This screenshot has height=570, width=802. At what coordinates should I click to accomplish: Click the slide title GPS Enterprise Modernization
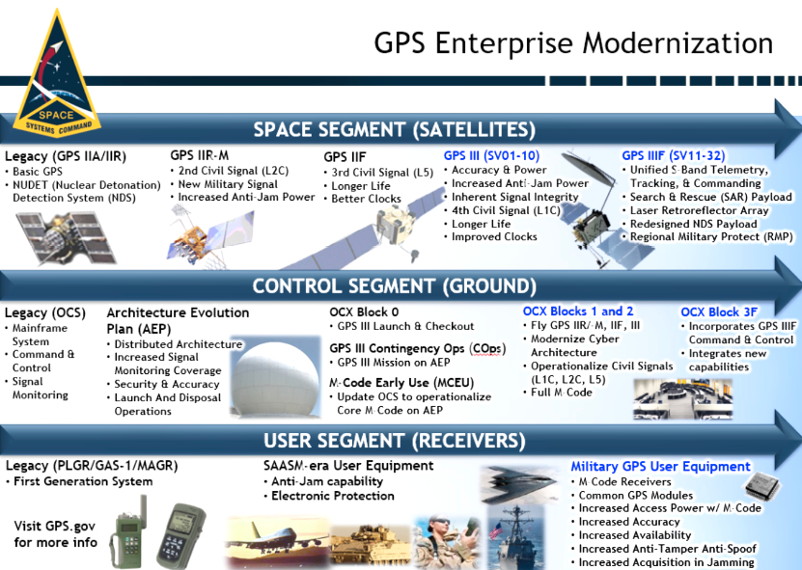pos(573,43)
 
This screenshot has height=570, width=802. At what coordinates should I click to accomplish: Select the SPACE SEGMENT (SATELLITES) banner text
pos(395,130)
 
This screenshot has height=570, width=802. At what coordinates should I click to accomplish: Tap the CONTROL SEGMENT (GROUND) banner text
pos(395,286)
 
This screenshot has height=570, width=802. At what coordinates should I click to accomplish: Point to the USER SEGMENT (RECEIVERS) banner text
pos(395,441)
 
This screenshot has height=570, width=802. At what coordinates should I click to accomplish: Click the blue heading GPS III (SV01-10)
pos(491,156)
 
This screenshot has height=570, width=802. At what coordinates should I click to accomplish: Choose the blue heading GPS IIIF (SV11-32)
pos(673,156)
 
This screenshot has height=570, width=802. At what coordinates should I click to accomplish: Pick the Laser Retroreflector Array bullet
pos(699,210)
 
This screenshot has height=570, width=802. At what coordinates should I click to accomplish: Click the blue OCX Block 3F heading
pos(719,312)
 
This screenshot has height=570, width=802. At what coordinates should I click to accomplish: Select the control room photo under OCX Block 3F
pos(682,398)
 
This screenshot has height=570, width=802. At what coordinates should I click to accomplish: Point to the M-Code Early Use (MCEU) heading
pos(401,382)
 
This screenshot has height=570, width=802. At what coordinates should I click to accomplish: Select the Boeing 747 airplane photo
pos(277,543)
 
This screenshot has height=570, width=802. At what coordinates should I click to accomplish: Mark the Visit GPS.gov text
pos(55,526)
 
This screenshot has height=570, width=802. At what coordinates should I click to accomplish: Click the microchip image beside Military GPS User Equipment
pos(762,485)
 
